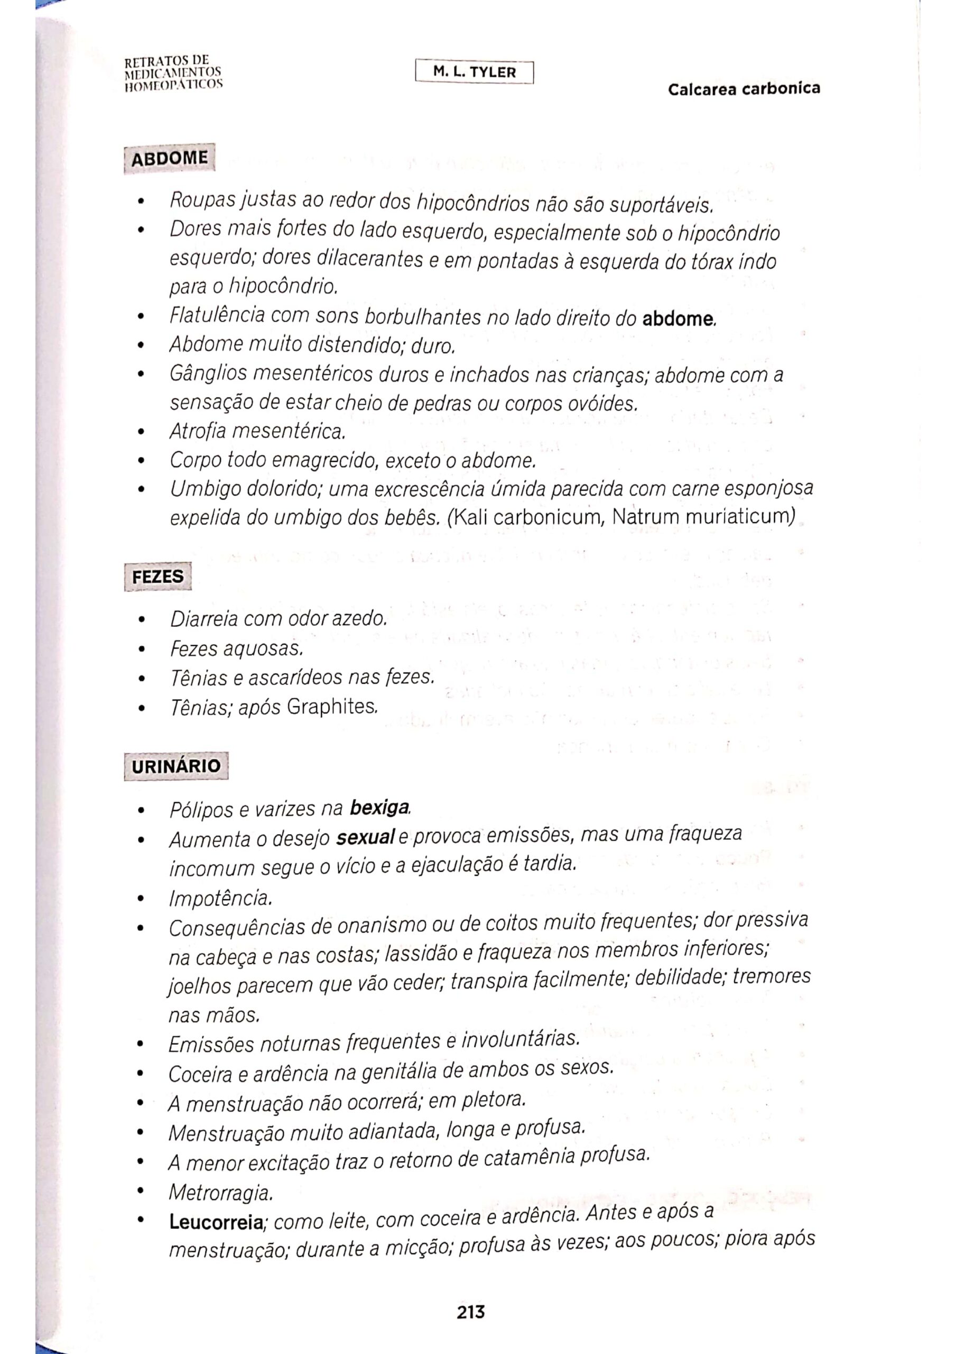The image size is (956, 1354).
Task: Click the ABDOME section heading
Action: [169, 159]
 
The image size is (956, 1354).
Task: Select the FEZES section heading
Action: [157, 576]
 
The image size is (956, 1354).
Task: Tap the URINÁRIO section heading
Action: [175, 766]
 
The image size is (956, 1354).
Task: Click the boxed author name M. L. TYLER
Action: [474, 72]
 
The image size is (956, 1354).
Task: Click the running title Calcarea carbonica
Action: [744, 89]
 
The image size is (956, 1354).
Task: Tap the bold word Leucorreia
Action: [216, 1222]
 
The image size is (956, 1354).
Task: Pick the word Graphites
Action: [331, 707]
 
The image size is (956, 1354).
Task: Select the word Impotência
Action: [220, 898]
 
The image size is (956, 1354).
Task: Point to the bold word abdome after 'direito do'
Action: [678, 319]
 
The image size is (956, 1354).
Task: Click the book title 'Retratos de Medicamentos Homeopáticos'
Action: [173, 72]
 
